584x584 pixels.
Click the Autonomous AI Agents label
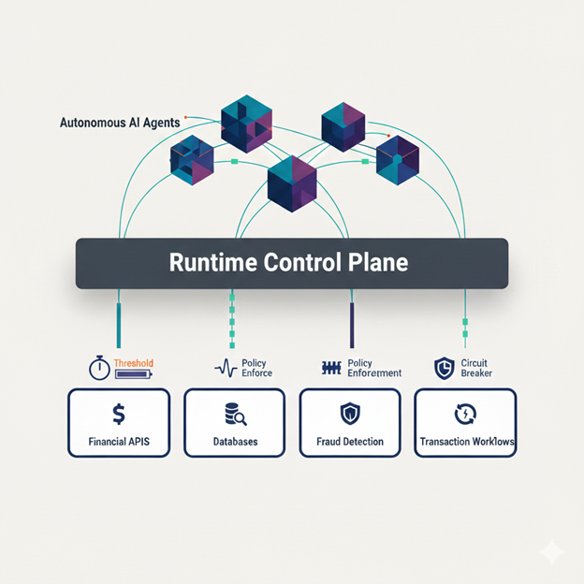(121, 122)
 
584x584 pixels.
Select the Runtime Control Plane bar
(291, 263)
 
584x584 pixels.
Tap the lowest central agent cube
(293, 182)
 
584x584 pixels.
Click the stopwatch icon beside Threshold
(100, 368)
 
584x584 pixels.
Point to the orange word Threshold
(133, 362)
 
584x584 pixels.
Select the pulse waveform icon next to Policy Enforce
(226, 368)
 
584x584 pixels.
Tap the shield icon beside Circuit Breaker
(445, 368)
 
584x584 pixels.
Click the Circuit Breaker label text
(474, 368)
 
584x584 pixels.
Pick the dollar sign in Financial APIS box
(119, 413)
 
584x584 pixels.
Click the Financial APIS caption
(119, 442)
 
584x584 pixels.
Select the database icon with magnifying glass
(235, 414)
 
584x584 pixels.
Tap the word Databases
(235, 442)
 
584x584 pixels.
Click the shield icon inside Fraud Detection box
(350, 414)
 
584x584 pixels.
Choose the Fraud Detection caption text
(350, 442)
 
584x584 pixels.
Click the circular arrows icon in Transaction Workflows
(465, 414)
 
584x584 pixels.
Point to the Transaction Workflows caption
(465, 442)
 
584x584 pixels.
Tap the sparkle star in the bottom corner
(552, 553)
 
